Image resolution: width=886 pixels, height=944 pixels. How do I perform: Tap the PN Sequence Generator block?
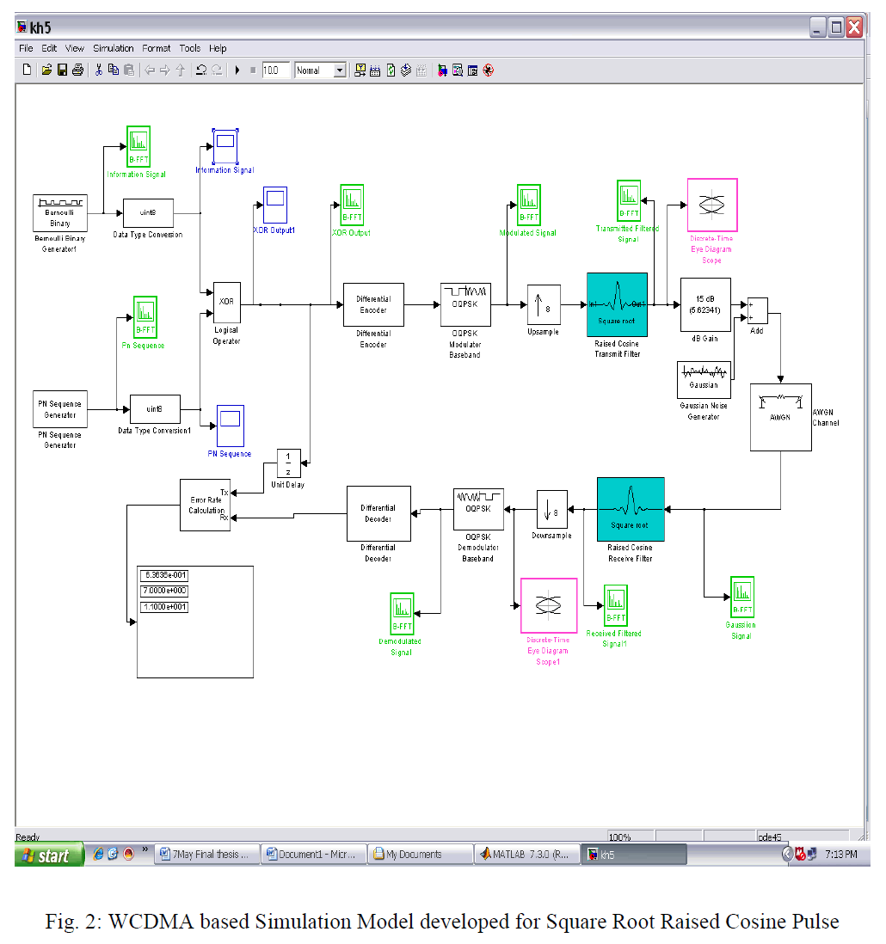click(60, 409)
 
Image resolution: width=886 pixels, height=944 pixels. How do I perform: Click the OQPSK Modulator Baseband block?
click(465, 304)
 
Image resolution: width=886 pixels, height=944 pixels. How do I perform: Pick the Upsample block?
click(544, 304)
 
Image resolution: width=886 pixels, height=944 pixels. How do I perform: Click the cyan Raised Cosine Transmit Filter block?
click(617, 304)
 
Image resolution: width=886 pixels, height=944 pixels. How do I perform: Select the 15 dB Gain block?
click(705, 304)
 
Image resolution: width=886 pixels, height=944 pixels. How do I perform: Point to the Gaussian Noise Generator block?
click(704, 379)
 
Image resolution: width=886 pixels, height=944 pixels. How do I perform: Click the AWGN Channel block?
click(780, 417)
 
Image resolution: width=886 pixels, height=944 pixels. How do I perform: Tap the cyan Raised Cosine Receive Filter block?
click(631, 509)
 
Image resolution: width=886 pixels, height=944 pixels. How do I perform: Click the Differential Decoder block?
click(378, 513)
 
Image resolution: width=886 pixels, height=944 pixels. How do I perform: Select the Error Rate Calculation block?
click(205, 505)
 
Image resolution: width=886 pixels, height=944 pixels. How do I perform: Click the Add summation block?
click(757, 310)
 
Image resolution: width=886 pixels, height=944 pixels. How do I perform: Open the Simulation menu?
click(113, 49)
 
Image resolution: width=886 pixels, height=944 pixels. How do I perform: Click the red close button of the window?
click(854, 28)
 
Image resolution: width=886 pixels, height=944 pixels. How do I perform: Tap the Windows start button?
click(49, 855)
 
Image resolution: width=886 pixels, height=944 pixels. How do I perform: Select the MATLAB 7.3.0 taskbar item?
click(526, 855)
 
